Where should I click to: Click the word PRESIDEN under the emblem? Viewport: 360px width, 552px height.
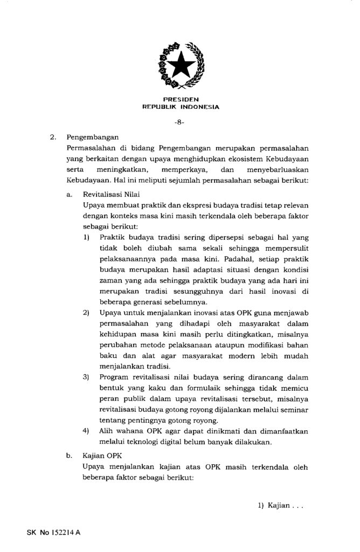point(180,100)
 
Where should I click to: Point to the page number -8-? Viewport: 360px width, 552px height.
point(180,123)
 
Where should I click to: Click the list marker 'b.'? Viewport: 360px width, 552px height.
point(70,456)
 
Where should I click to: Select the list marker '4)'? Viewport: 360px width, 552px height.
point(86,431)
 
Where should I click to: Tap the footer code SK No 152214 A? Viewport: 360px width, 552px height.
point(53,533)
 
